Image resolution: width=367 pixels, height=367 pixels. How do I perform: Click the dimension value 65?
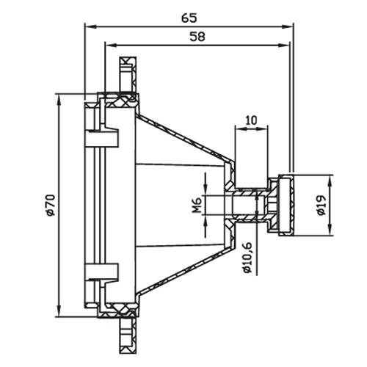click(x=189, y=18)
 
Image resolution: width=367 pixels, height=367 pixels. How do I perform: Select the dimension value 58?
click(x=197, y=37)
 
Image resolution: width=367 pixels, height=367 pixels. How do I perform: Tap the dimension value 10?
click(x=251, y=120)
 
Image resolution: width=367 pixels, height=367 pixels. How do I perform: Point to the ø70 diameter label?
click(x=51, y=205)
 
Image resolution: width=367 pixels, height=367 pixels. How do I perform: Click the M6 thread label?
click(x=197, y=205)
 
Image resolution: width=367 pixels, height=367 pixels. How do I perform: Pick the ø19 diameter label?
click(x=321, y=205)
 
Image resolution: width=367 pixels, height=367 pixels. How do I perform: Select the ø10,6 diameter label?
click(x=248, y=258)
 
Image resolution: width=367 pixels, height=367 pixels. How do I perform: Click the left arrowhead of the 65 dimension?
click(x=90, y=26)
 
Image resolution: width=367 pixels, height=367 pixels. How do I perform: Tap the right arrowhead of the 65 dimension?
click(x=288, y=26)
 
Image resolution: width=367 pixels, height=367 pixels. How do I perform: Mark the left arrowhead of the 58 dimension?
click(x=111, y=45)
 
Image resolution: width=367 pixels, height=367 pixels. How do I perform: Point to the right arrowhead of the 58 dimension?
click(x=284, y=45)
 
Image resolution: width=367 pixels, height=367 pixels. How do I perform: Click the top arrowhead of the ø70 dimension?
click(x=59, y=100)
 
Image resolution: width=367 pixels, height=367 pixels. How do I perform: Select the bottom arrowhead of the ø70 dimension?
click(x=59, y=310)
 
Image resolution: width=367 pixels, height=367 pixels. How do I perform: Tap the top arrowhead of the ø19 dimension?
click(x=330, y=181)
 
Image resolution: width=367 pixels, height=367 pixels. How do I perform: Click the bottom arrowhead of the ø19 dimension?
click(x=330, y=230)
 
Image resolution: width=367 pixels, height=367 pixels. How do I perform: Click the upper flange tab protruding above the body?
click(x=128, y=75)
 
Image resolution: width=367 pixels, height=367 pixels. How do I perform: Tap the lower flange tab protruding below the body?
click(x=128, y=335)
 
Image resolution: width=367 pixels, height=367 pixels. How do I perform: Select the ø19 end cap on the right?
click(x=286, y=206)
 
